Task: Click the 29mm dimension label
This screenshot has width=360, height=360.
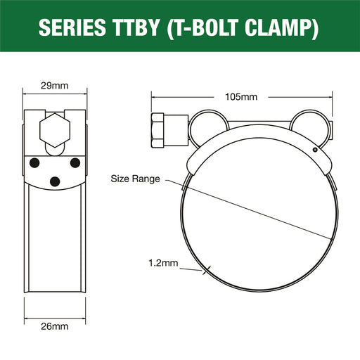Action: [55, 86]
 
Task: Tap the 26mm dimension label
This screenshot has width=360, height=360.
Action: [55, 326]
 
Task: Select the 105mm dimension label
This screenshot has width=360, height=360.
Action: [241, 97]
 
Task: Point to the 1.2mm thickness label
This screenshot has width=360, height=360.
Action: [163, 263]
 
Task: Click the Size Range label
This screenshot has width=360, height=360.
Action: [135, 179]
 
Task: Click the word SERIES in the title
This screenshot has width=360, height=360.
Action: [72, 27]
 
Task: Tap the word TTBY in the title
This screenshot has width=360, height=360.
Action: [136, 27]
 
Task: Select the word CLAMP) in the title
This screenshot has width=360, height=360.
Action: [281, 28]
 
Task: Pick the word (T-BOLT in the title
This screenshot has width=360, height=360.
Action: [202, 28]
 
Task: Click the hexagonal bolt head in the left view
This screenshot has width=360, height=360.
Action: [55, 130]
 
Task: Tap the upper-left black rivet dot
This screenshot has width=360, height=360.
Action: [34, 163]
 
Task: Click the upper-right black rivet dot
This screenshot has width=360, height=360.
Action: [75, 163]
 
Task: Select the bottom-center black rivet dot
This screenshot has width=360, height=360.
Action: [55, 181]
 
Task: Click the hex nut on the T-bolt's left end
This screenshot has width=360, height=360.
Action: [157, 130]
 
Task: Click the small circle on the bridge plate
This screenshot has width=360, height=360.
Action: [315, 150]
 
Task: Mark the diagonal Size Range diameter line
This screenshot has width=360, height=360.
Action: [250, 210]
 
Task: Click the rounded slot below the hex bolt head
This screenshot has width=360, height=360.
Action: [55, 150]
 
